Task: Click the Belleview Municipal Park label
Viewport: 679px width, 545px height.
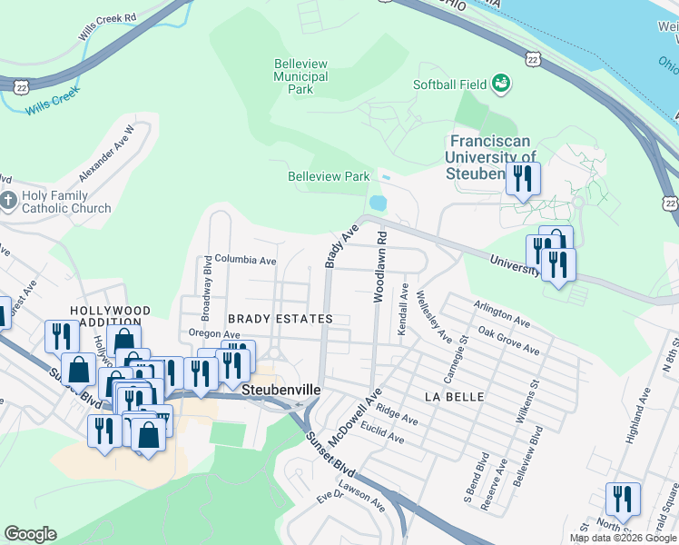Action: [x=300, y=76]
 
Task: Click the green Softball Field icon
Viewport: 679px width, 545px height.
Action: [x=499, y=84]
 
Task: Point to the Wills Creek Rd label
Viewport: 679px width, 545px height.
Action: [x=107, y=24]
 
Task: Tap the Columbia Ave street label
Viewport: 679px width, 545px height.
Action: [x=245, y=260]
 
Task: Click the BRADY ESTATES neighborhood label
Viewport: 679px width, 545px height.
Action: [x=280, y=319]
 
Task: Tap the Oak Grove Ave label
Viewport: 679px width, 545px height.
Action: [x=509, y=342]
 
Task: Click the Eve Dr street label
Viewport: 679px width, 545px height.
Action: [x=328, y=497]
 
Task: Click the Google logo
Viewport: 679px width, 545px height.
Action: [x=30, y=534]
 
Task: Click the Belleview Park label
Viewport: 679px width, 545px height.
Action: [x=329, y=176]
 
